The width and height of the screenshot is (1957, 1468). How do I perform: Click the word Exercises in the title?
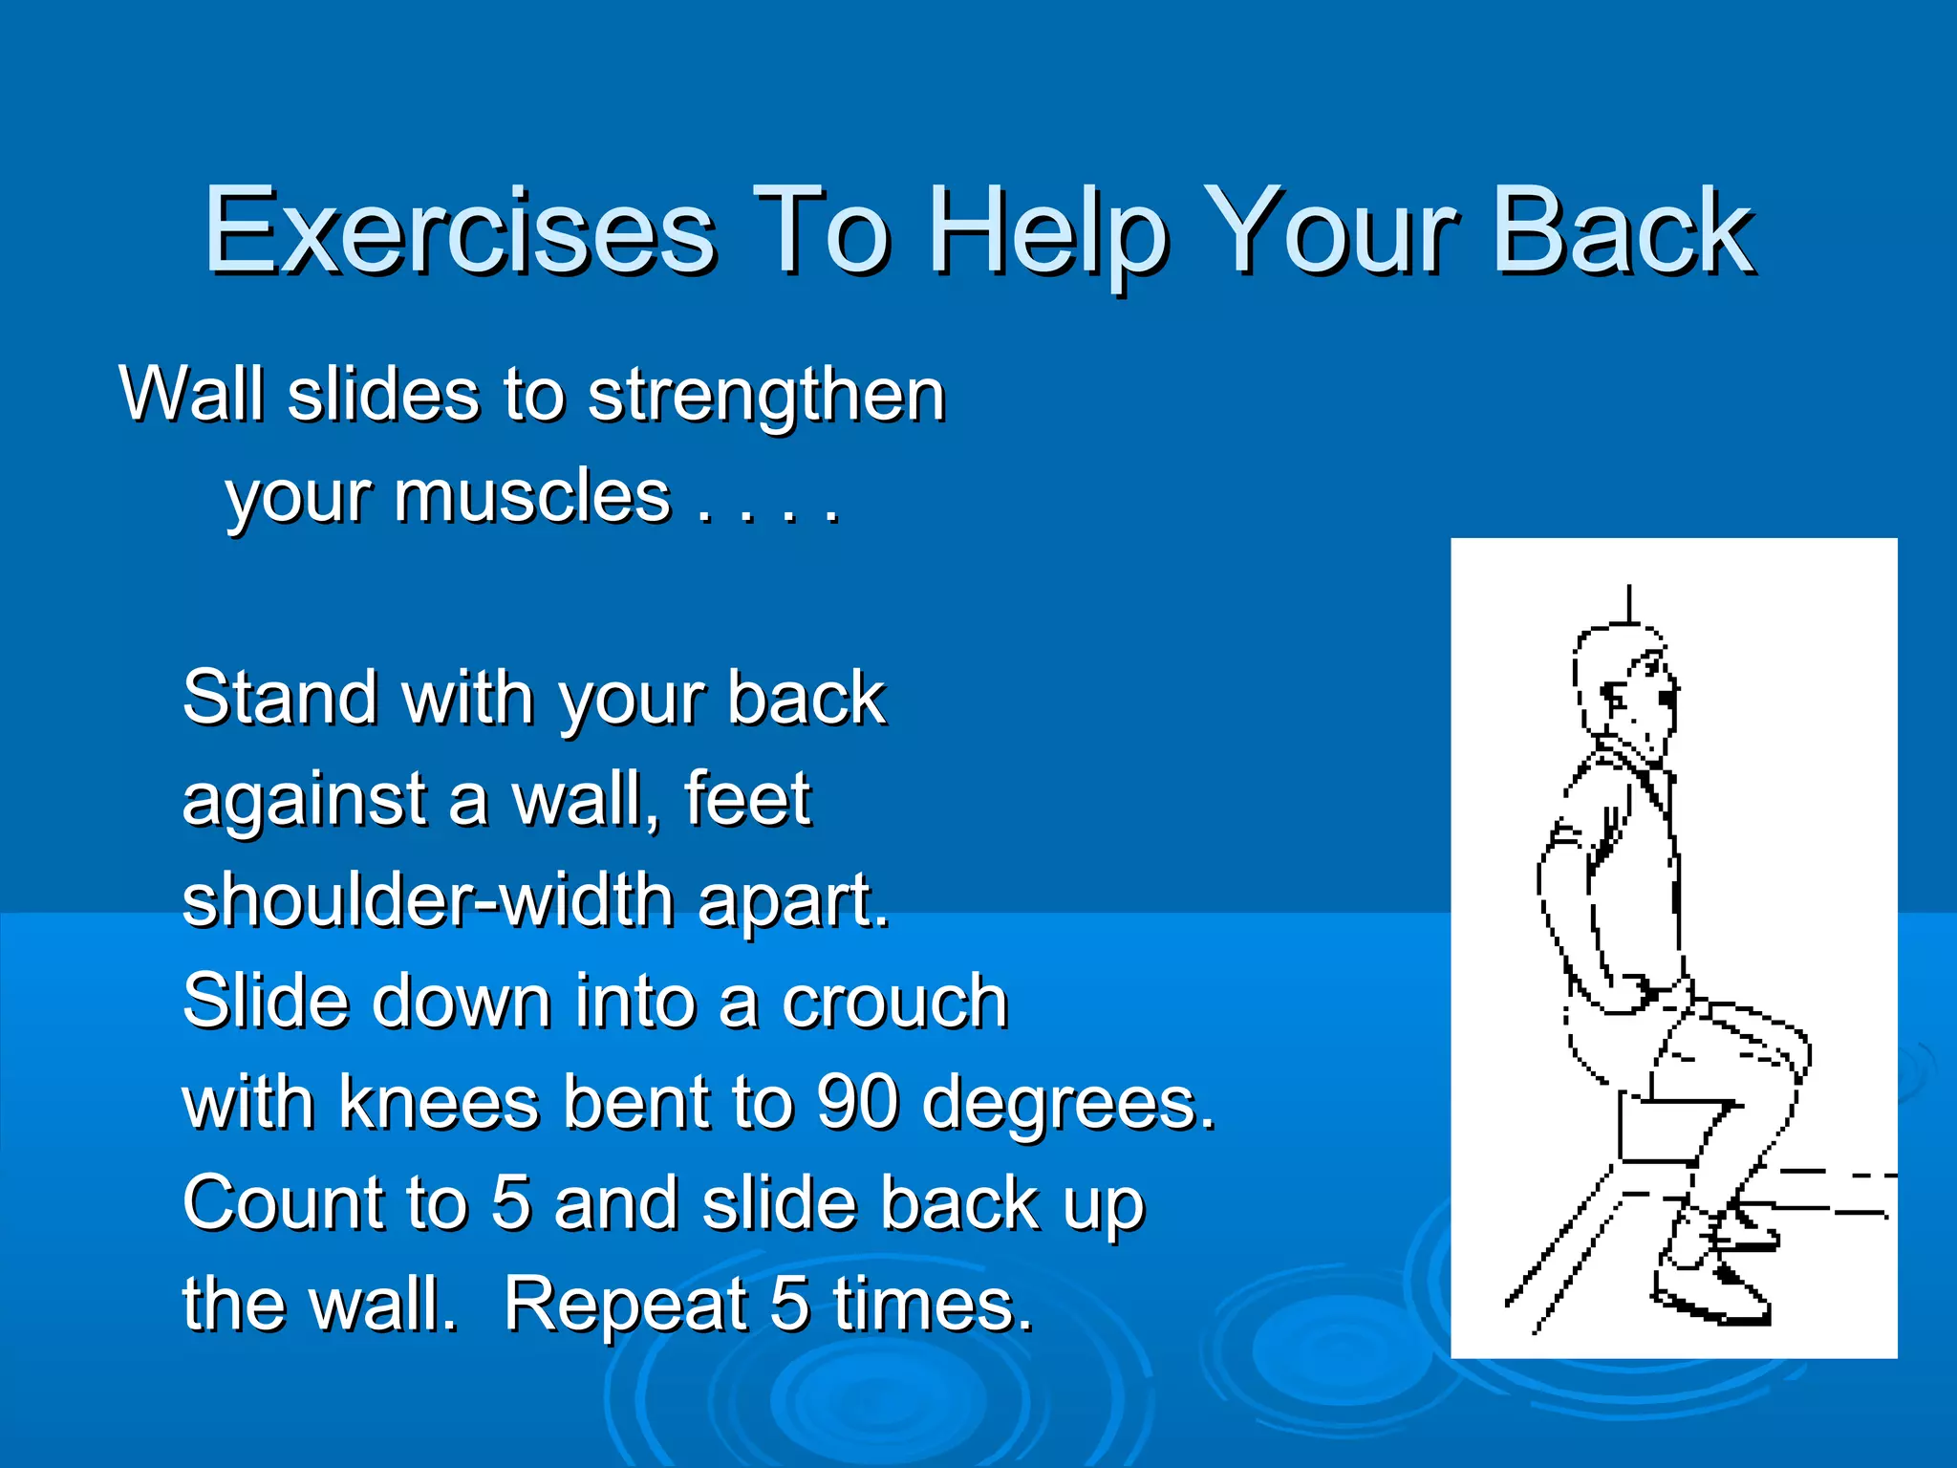[459, 232]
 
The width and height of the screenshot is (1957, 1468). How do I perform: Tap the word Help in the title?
[1048, 232]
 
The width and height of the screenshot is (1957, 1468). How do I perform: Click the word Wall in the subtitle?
[191, 394]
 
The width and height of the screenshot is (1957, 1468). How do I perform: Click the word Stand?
[280, 698]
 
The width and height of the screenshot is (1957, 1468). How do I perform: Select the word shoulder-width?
[429, 900]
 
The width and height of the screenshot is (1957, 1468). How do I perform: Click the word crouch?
[894, 1002]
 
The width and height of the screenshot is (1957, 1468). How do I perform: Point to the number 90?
[857, 1103]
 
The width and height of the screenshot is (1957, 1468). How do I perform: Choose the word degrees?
[1068, 1105]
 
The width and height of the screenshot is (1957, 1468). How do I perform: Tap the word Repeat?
[627, 1305]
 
